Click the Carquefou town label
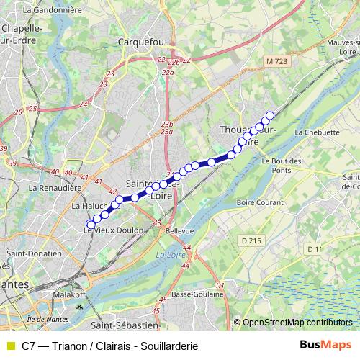(x=141, y=42)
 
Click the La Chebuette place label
(x=317, y=132)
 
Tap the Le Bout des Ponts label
(x=275, y=166)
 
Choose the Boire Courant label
(x=264, y=203)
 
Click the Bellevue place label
(x=180, y=231)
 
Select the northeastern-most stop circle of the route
(x=270, y=115)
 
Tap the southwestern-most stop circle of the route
(x=89, y=224)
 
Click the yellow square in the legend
(x=9, y=344)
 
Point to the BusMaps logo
(x=325, y=344)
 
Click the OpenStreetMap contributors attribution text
(x=297, y=323)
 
